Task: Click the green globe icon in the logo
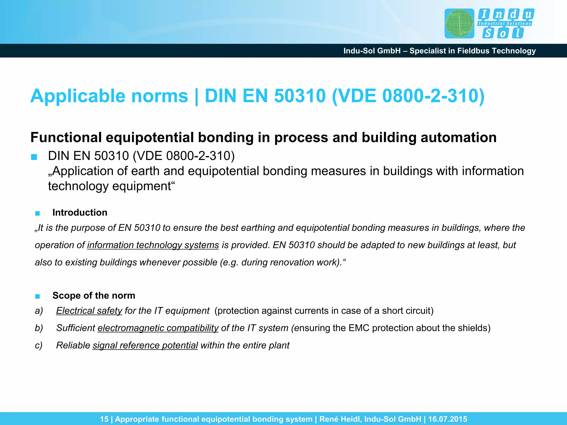459,24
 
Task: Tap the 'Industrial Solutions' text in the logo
504,24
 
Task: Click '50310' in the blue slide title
300,96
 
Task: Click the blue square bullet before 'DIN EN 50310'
34,157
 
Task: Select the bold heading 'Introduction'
80,212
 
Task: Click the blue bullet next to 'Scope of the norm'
38,296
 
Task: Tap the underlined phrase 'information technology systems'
153,245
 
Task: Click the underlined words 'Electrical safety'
89,311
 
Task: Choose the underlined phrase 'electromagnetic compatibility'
158,328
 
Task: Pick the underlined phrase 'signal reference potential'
145,345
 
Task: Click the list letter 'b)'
39,328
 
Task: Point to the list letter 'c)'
39,345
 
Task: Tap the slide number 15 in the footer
104,419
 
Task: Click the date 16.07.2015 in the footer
447,419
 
